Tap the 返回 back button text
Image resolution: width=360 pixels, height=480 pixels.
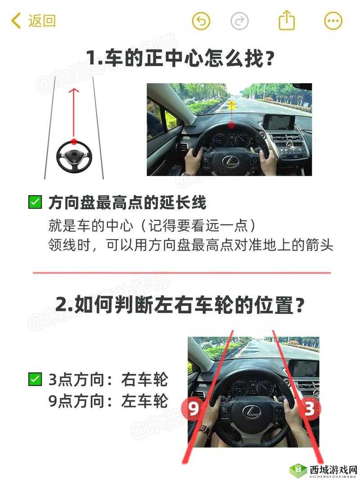[42, 21]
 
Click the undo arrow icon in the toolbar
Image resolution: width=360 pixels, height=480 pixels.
[201, 21]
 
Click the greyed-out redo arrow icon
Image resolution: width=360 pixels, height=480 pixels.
[239, 21]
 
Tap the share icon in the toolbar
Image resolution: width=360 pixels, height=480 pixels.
[287, 21]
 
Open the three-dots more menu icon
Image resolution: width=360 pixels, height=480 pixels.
[333, 21]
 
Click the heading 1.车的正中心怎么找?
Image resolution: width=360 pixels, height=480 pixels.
[180, 58]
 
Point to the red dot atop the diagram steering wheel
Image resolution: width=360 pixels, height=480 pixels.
[74, 141]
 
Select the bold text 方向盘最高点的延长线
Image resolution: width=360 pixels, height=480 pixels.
[127, 202]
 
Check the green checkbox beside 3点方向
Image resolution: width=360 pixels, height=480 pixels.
[35, 379]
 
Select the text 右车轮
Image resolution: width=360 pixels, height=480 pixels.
[144, 380]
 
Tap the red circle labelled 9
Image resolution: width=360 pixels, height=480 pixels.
[193, 409]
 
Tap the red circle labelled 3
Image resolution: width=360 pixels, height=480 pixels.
[310, 409]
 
